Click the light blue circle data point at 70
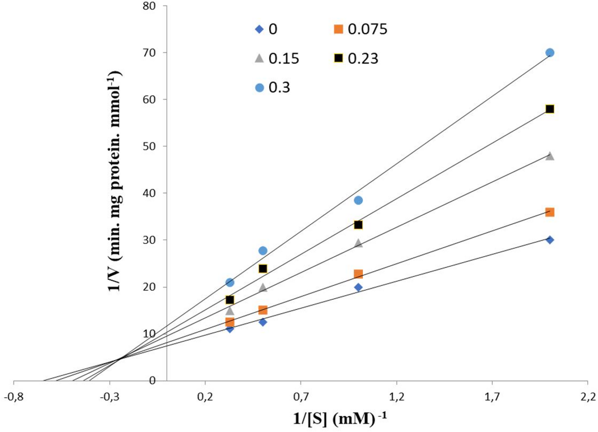tap(550, 53)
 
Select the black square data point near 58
tap(550, 109)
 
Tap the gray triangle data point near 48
tap(550, 156)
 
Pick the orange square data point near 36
tap(550, 212)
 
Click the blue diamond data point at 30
tap(550, 240)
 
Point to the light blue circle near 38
tap(358, 200)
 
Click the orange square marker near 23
tap(358, 274)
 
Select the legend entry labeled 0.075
tap(360, 29)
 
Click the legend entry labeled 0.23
tap(356, 58)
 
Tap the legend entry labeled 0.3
tap(273, 87)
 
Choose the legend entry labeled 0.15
tap(277, 58)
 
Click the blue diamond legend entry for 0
tap(266, 29)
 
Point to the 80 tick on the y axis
tap(149, 6)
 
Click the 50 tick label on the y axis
tap(149, 146)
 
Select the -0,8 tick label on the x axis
tap(13, 397)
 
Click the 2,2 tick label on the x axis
tap(588, 397)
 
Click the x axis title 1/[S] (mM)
tap(339, 419)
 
